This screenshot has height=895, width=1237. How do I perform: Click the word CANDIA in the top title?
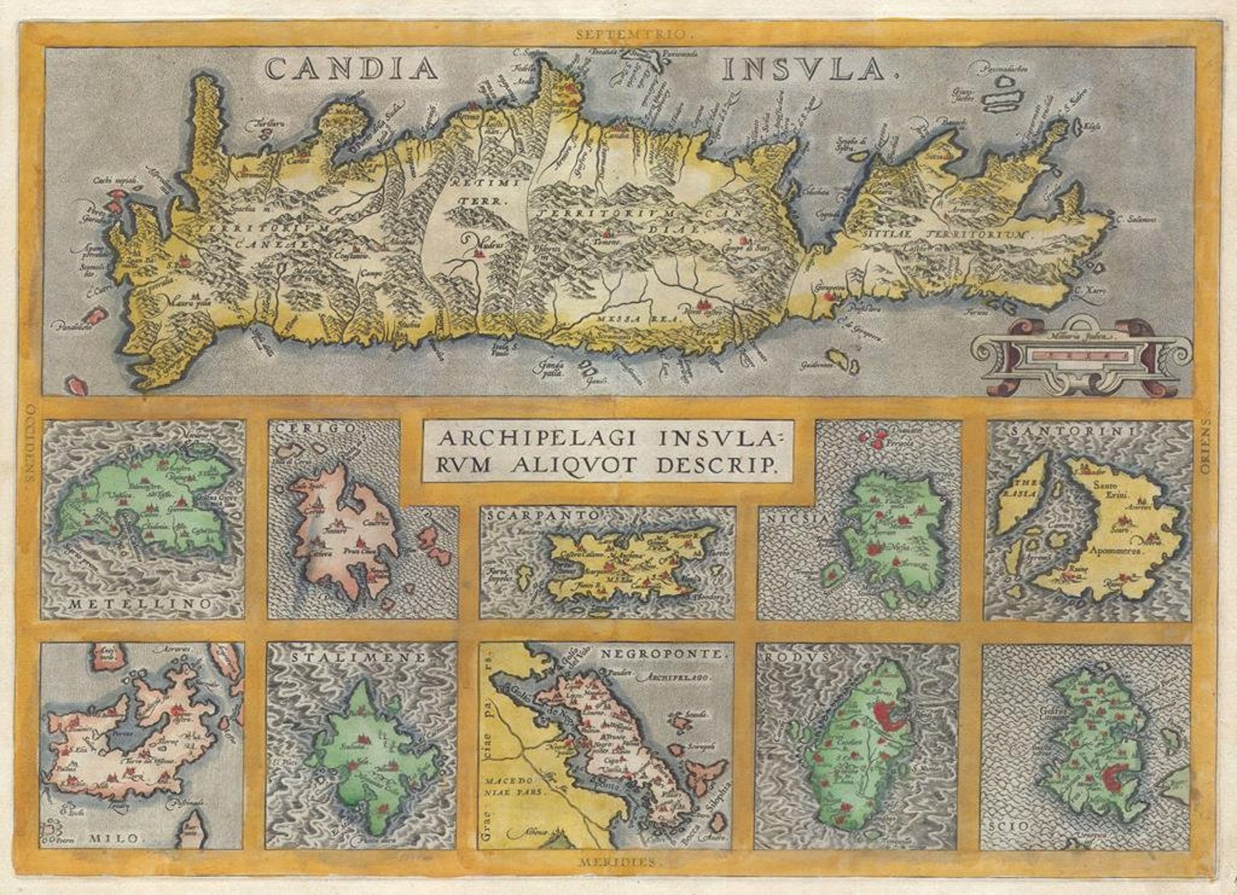[x=351, y=69]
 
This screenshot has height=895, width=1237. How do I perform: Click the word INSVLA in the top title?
[x=806, y=70]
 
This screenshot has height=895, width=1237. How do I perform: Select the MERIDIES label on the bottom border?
[x=620, y=862]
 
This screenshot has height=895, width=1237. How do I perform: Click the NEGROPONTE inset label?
[x=667, y=656]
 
